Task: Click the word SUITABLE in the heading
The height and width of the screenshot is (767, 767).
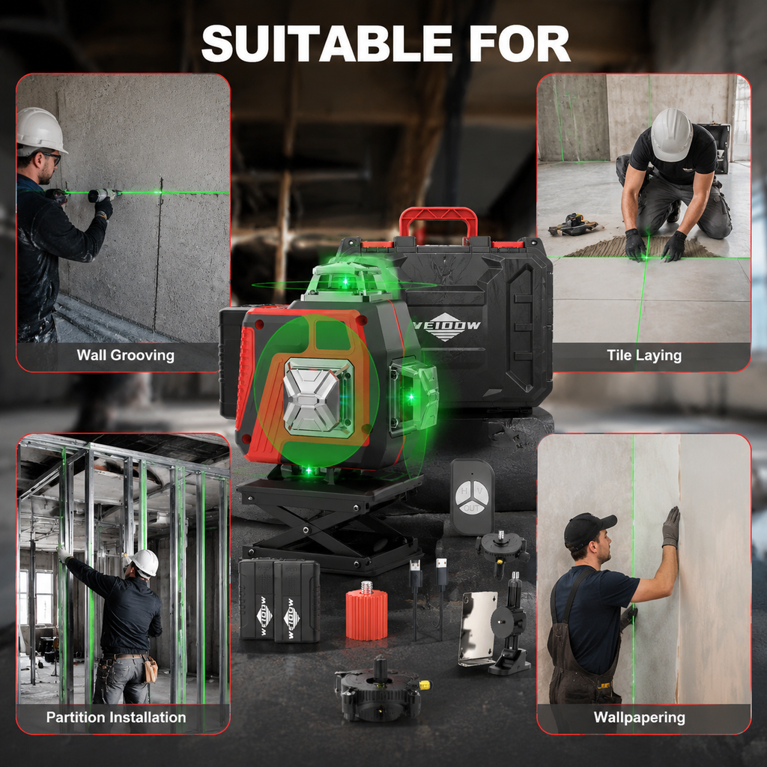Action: point(327,43)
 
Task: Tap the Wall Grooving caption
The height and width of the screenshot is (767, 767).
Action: point(125,355)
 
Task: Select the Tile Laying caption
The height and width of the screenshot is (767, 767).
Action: point(643,355)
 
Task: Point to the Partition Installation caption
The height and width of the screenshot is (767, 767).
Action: point(116,717)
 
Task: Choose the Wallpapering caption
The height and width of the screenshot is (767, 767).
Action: point(639,718)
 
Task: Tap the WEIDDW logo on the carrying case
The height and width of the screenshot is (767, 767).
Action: point(445,327)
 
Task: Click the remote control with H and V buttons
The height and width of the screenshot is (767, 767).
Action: point(472,497)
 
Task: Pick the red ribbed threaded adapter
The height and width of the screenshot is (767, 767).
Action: point(366,611)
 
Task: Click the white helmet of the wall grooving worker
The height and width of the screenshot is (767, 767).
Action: point(40,131)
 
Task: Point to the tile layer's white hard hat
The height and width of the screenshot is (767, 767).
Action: point(671,135)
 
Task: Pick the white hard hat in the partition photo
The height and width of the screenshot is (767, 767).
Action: point(145,563)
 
